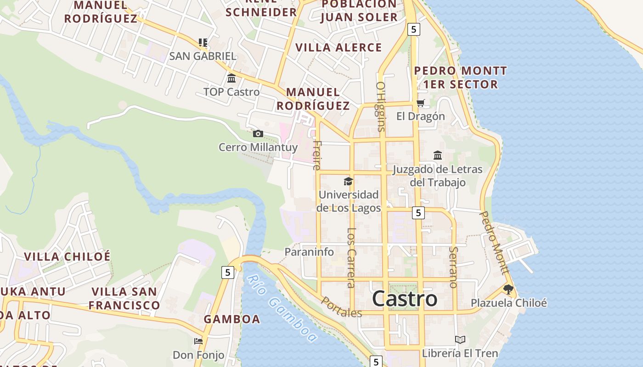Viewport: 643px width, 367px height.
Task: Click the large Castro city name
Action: point(404,299)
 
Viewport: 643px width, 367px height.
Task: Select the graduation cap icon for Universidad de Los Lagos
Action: point(348,181)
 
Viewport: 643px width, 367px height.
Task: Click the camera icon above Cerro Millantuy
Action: point(258,133)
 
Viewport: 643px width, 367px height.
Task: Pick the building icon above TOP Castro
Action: point(231,78)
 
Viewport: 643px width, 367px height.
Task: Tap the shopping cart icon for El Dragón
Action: point(420,103)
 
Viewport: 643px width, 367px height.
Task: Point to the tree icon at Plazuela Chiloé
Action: point(508,289)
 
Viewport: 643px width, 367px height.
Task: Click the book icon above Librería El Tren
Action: point(460,339)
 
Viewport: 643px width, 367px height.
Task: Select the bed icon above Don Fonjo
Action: point(198,341)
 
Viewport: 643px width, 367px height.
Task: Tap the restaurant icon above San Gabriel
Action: point(203,43)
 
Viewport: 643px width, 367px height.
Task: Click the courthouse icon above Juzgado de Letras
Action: point(437,155)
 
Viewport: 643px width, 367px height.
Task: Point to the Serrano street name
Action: point(453,267)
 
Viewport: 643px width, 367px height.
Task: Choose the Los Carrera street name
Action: point(351,258)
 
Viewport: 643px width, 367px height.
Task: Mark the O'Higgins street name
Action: point(380,106)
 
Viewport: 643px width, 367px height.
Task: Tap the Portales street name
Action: point(341,307)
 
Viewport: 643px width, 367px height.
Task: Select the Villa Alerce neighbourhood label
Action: point(338,48)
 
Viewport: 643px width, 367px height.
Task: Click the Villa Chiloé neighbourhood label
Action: point(67,256)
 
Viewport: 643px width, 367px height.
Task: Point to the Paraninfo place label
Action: point(309,252)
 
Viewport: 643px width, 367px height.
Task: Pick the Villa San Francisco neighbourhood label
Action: point(124,298)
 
